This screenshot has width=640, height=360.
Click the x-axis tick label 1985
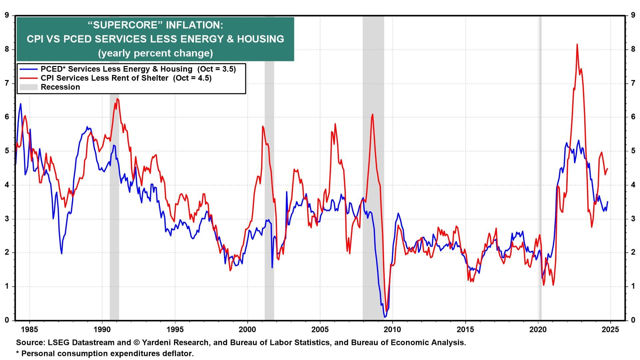point(29,330)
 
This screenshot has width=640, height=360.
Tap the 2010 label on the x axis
point(393,330)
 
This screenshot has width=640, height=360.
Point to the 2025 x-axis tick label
point(611,330)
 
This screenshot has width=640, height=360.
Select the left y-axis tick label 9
point(7,15)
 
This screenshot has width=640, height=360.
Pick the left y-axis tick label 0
point(7,320)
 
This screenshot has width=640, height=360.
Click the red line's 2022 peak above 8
point(577,44)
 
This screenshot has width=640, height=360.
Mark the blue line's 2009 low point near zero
point(385,317)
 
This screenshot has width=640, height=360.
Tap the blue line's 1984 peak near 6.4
point(20,104)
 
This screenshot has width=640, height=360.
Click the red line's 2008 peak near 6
point(372,114)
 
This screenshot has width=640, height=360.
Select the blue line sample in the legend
point(29,69)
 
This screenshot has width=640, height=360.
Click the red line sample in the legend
point(29,78)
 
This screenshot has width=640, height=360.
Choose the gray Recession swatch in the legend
point(29,87)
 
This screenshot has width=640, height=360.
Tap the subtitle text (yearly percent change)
point(155,53)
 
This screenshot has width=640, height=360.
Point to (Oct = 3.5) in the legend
point(216,69)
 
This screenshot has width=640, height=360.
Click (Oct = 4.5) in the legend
point(192,78)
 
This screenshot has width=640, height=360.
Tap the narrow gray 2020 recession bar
point(540,167)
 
